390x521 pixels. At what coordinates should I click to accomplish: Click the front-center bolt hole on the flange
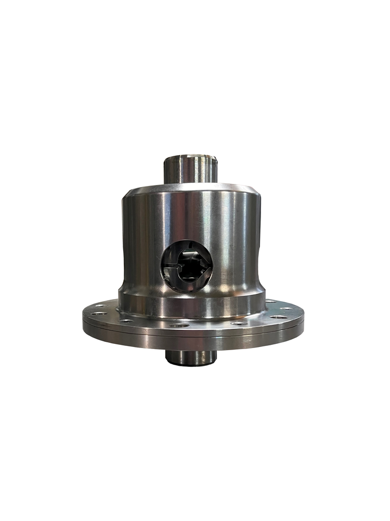pyautogui.click(x=179, y=325)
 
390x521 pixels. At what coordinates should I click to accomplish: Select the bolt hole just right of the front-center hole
pyautogui.click(x=239, y=323)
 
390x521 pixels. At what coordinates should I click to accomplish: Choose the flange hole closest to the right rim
pyautogui.click(x=281, y=317)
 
